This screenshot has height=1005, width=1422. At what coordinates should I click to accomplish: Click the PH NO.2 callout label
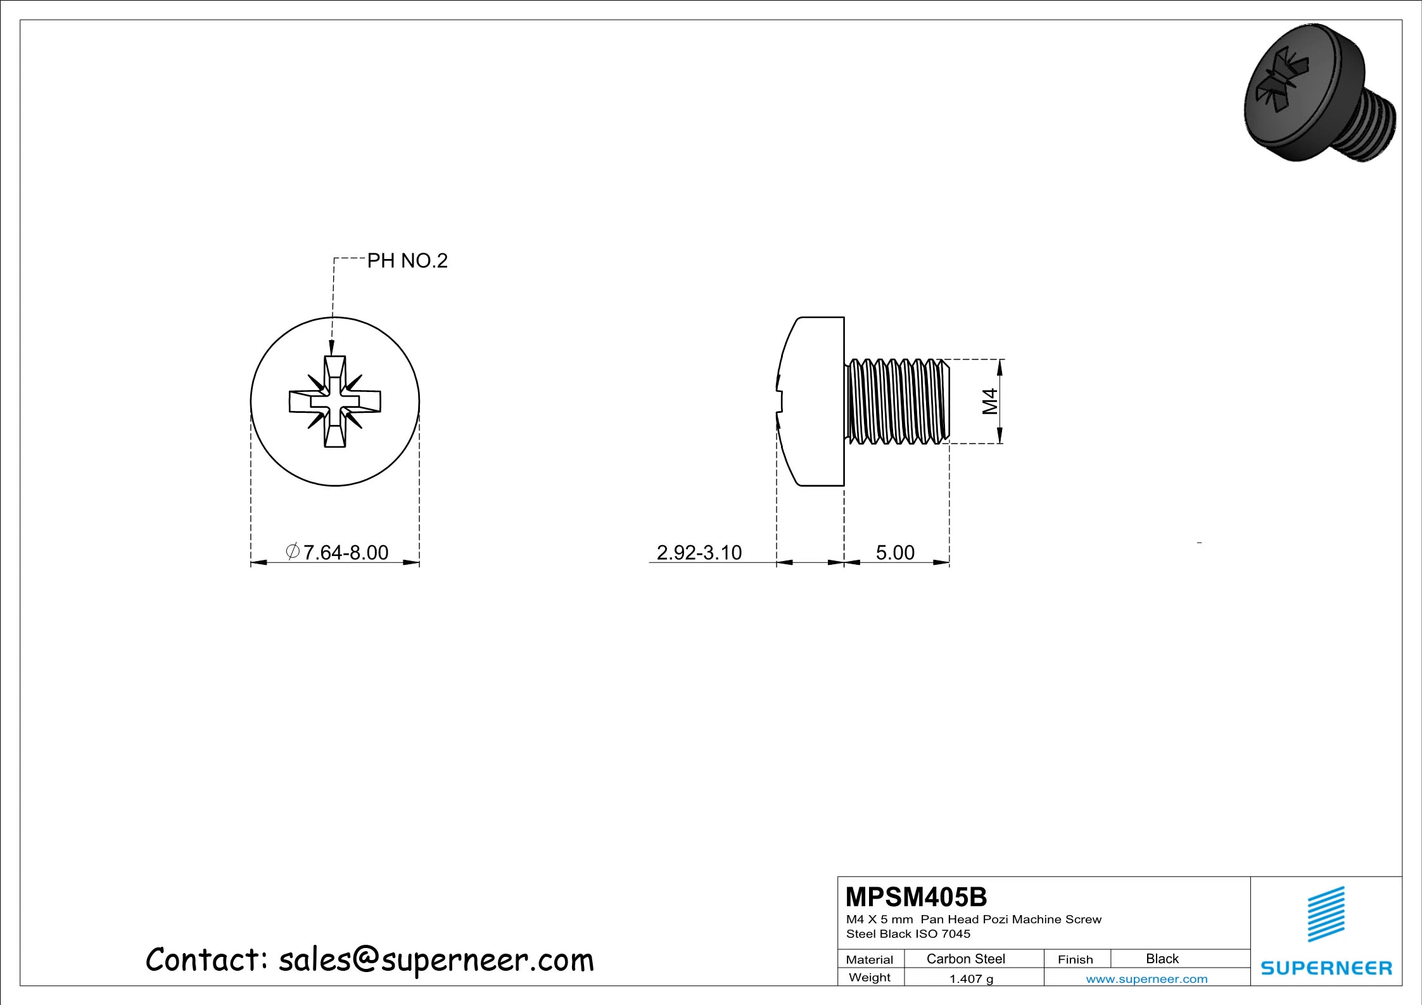407,260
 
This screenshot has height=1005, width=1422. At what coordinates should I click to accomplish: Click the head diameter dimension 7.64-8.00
338,552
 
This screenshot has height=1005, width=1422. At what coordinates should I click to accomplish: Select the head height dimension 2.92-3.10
699,552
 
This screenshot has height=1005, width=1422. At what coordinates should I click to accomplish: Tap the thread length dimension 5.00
895,552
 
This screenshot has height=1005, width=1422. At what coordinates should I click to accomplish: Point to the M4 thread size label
989,401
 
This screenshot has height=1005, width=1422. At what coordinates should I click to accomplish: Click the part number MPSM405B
916,897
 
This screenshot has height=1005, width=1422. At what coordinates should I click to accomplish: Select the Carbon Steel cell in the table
965,959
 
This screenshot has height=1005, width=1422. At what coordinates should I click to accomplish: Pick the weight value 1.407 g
971,978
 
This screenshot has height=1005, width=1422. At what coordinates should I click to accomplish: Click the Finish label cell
1075,959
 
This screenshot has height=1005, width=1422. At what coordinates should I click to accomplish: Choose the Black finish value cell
1162,959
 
